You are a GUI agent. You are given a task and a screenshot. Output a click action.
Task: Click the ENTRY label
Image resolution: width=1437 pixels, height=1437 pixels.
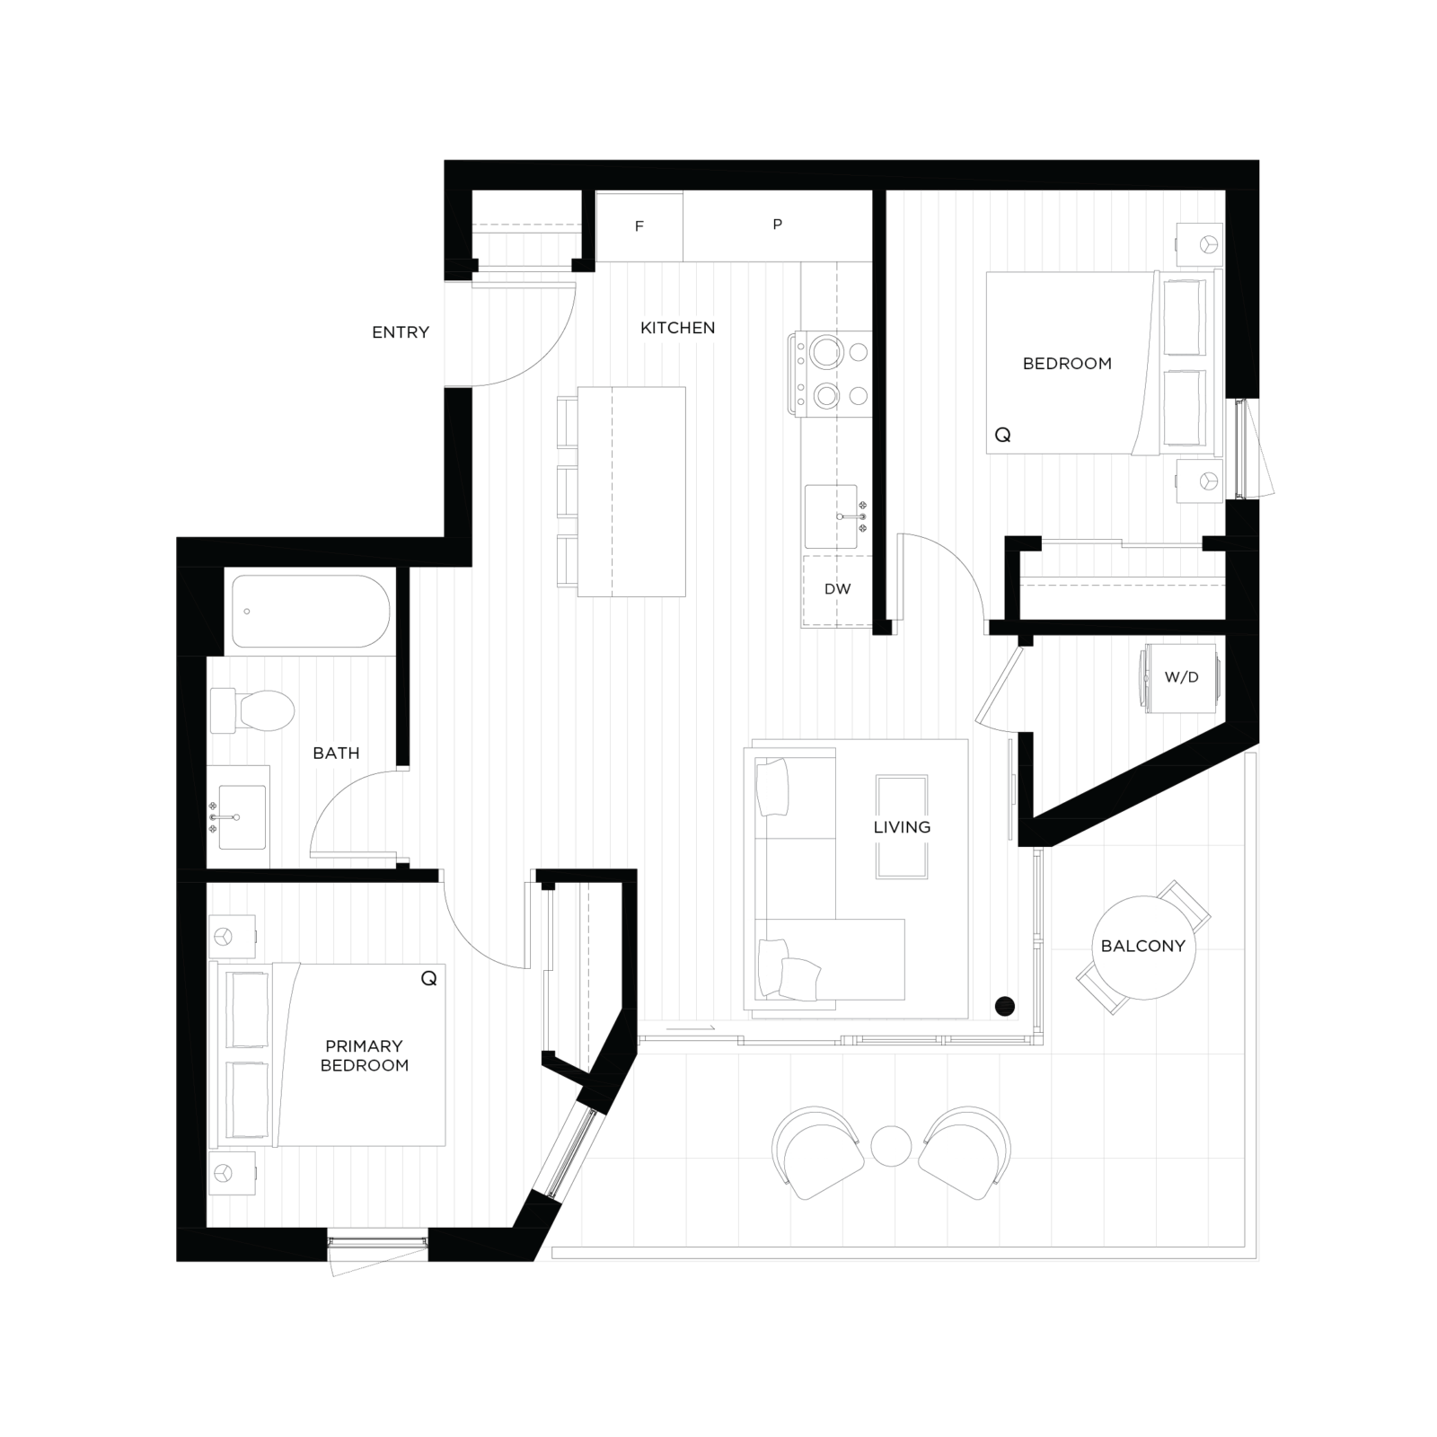(x=401, y=332)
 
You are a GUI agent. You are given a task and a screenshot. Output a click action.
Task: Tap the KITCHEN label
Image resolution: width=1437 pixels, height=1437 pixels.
(x=678, y=328)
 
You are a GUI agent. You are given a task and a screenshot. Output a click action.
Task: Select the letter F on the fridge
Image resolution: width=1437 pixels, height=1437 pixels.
(x=639, y=226)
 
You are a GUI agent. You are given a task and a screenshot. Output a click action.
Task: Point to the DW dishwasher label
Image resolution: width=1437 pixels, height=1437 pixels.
(x=838, y=589)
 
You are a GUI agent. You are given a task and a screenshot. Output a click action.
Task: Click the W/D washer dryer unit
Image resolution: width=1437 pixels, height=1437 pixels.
(x=1181, y=678)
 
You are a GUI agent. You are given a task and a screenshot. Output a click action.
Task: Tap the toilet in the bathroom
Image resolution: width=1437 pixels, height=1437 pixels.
(x=252, y=710)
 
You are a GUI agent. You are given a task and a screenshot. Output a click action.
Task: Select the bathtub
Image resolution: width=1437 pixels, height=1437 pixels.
(x=311, y=612)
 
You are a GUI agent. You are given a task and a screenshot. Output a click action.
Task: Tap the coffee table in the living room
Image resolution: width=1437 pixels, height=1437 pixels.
(x=902, y=827)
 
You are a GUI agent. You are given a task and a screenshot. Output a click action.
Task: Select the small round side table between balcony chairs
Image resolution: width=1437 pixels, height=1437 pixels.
(x=891, y=1147)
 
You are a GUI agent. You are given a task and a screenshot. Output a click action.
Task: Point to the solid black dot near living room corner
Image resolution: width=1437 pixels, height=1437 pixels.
(x=1005, y=1007)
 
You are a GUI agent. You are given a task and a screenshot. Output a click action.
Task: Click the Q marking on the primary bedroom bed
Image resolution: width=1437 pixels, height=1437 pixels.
(x=429, y=979)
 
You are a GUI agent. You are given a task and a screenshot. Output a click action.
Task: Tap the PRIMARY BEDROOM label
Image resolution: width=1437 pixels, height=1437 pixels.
(x=365, y=1056)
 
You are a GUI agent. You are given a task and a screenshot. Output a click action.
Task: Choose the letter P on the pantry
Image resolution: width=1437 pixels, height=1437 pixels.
(x=778, y=225)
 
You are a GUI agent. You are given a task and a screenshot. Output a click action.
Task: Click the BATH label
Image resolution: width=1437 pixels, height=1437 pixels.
(x=336, y=754)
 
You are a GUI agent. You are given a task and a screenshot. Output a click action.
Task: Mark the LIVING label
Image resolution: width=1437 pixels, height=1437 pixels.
(x=902, y=827)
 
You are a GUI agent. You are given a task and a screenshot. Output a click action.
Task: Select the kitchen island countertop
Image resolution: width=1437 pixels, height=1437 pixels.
(x=631, y=492)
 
